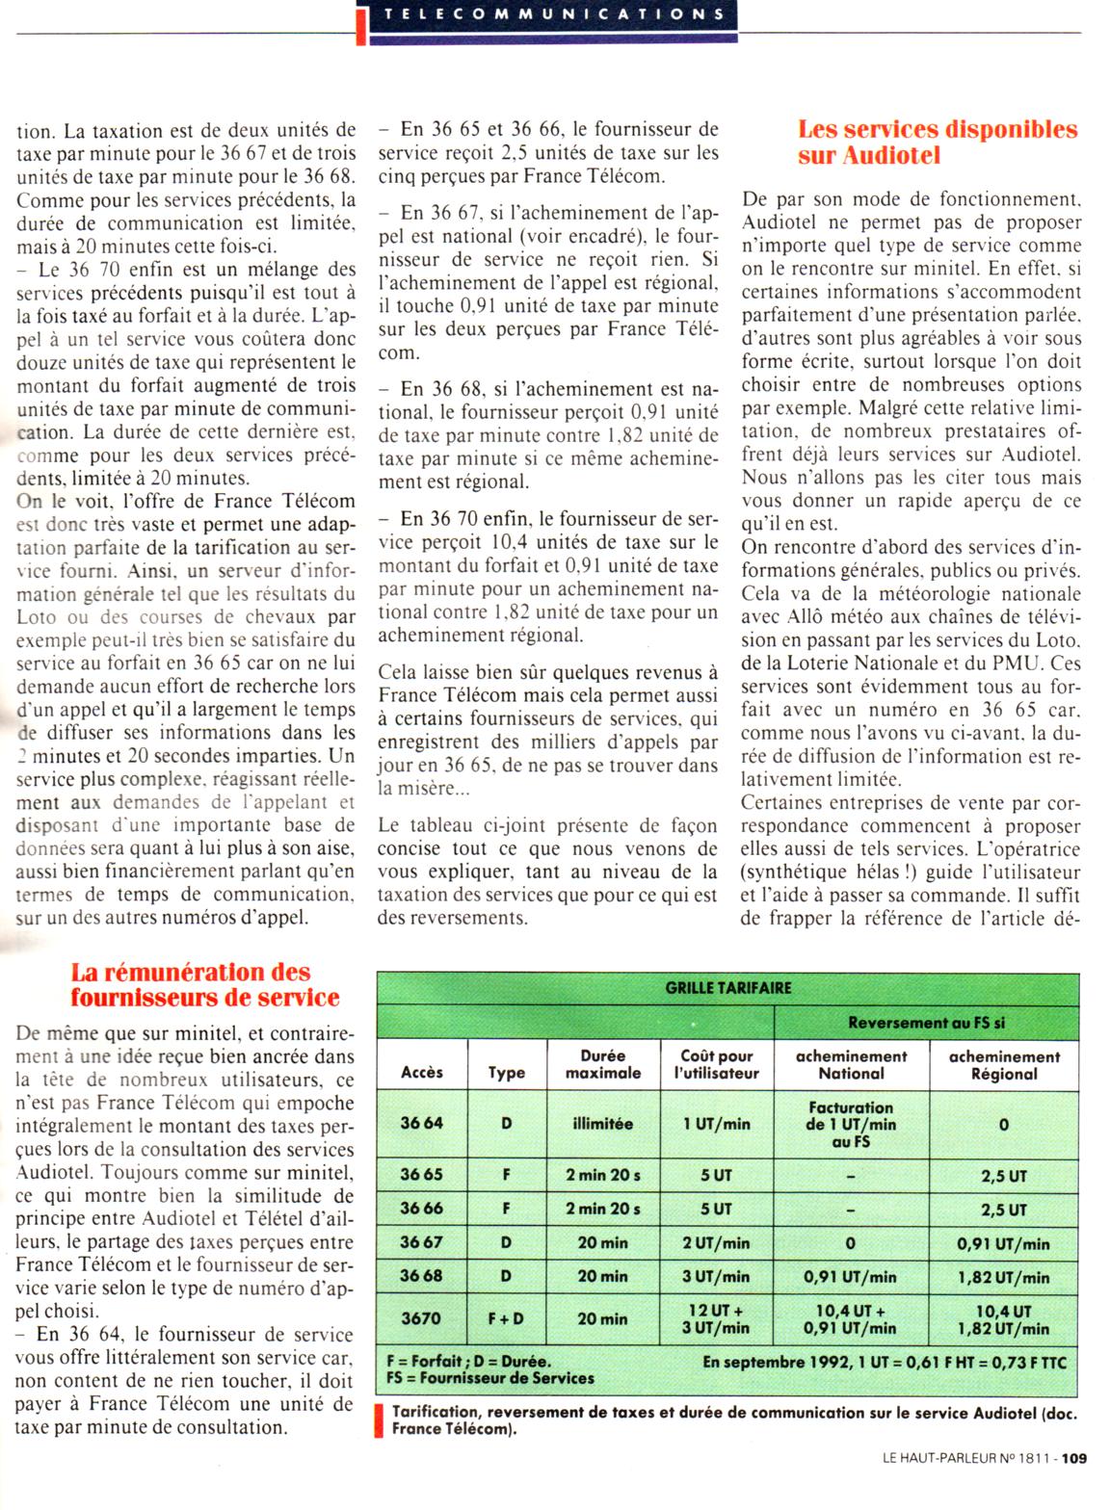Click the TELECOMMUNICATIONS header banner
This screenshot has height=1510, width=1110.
coord(553,13)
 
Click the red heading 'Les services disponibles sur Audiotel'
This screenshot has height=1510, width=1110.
coord(937,142)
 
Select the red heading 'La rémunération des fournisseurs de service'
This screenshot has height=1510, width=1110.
coord(204,984)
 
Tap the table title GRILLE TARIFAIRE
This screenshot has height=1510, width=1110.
coord(727,987)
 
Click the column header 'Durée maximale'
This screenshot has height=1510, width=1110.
coord(603,1063)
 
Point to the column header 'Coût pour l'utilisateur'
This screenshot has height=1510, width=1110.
coord(716,1063)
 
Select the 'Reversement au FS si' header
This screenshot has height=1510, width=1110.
coord(926,1023)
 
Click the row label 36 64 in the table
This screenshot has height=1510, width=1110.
coord(422,1123)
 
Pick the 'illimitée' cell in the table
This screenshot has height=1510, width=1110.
coord(603,1123)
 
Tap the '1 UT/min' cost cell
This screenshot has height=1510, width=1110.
coord(716,1123)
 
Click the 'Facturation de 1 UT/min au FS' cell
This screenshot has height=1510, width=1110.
coord(851,1124)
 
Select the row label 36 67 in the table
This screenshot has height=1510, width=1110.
coord(422,1242)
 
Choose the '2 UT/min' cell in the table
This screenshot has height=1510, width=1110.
coord(716,1242)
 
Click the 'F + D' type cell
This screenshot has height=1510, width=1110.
coord(506,1318)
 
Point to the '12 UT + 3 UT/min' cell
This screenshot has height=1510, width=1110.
coord(716,1318)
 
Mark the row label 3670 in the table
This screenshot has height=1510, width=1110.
coord(421,1318)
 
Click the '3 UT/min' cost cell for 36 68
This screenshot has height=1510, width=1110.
coord(716,1276)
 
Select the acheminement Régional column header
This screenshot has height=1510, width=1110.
coord(1003,1064)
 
